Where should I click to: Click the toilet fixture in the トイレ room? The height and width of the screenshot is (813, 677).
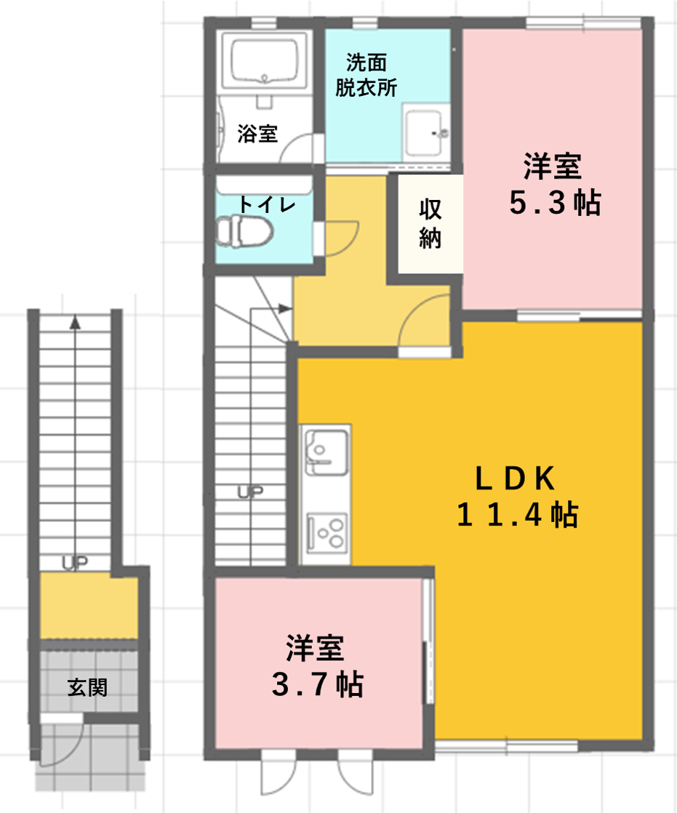click(x=244, y=231)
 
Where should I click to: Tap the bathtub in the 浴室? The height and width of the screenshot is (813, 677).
click(x=264, y=60)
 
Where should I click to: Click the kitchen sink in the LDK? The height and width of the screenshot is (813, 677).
click(x=326, y=451)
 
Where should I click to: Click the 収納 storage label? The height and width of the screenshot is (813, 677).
click(x=430, y=223)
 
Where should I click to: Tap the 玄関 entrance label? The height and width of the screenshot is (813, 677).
click(x=87, y=687)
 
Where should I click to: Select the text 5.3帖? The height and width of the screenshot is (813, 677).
click(x=555, y=202)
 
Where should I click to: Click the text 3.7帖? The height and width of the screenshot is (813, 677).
click(x=317, y=684)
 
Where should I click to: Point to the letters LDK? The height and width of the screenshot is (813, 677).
click(x=516, y=478)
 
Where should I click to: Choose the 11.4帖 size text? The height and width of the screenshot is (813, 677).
click(x=517, y=515)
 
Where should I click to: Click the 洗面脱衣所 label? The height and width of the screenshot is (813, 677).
click(x=366, y=75)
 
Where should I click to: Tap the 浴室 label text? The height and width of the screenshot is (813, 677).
click(x=257, y=133)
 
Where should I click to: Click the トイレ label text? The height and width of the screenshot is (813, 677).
click(x=266, y=204)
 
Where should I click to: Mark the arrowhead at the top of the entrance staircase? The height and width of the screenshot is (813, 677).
click(x=76, y=322)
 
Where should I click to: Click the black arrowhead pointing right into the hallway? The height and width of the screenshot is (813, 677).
click(x=285, y=308)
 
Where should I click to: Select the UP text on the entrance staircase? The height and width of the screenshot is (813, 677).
click(x=75, y=562)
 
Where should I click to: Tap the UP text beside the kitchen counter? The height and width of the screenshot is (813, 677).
click(x=250, y=492)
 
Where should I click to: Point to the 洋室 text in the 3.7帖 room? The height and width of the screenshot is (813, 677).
click(x=315, y=648)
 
